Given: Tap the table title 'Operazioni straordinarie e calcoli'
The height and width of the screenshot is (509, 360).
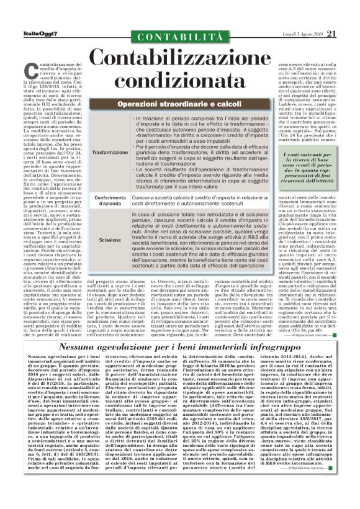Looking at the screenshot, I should coord(179,102).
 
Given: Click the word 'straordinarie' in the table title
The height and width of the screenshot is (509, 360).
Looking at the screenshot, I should coord(178,102).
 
